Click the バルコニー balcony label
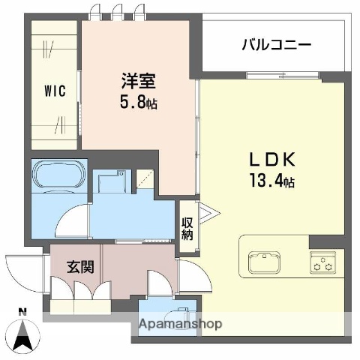tap(276, 45)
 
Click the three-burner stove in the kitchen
tap(322, 263)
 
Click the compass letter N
tap(22, 311)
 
